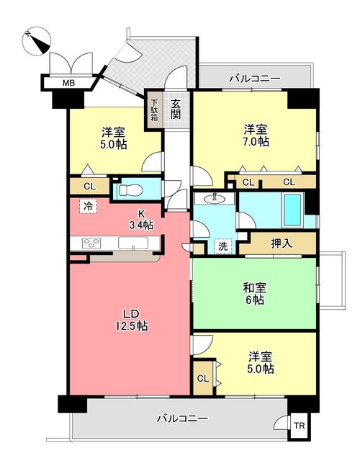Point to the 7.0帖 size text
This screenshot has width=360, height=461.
[x=256, y=142]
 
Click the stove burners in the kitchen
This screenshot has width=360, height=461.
[x=91, y=243]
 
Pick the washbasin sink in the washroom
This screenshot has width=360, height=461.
[x=214, y=198]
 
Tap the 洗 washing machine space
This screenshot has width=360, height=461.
[x=223, y=245]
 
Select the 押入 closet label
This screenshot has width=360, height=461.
[x=282, y=243]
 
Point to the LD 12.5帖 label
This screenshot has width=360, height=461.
[x=130, y=319]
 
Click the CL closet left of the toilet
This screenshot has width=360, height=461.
[x=89, y=187]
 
